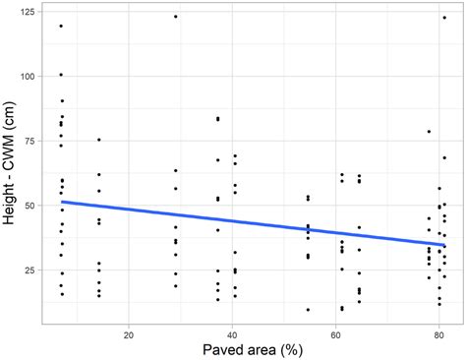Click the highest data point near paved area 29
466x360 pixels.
[x=176, y=17]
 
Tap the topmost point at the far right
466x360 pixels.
[x=445, y=17]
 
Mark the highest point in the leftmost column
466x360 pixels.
[x=61, y=27]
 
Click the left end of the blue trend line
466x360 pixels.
[x=61, y=202]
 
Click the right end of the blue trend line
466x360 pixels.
[x=445, y=245]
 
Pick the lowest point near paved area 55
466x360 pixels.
[x=308, y=310]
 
